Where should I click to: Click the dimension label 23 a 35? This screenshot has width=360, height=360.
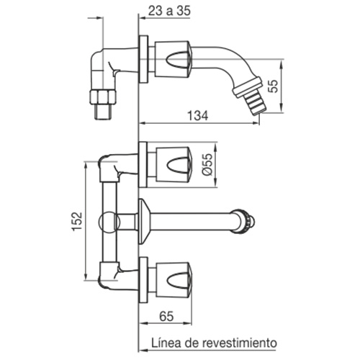tap(169, 11)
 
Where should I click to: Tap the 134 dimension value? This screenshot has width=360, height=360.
tap(197, 116)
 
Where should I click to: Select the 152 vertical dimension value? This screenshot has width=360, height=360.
tap(78, 221)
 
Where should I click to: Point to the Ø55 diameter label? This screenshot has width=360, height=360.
tap(207, 164)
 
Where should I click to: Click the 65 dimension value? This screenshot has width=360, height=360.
tap(166, 316)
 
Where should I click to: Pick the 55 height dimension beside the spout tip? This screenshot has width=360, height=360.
tap(273, 86)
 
